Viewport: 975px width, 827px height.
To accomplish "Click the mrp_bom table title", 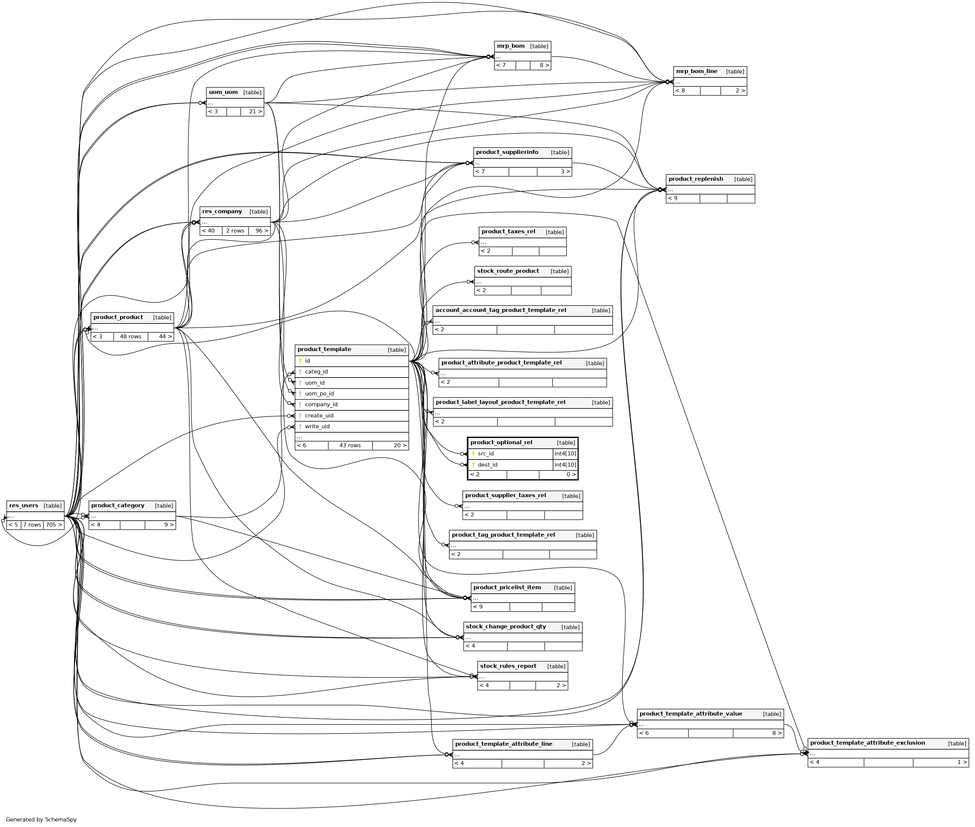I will (x=510, y=46).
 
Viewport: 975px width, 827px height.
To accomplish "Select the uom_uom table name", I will (x=223, y=92).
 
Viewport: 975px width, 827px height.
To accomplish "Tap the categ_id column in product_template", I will (x=316, y=372).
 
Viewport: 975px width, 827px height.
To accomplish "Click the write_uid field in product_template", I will (x=317, y=427).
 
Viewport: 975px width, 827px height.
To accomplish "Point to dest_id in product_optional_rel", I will (x=487, y=465).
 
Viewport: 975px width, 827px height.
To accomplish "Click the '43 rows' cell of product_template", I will (x=350, y=445).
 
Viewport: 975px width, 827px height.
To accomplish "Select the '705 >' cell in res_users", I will (x=53, y=525).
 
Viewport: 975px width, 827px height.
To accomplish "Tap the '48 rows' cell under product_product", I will (x=130, y=337).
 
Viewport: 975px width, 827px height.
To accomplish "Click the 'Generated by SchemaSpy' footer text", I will (x=41, y=820).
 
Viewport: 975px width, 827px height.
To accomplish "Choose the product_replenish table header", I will (x=696, y=179).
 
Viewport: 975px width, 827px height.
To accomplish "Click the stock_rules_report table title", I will (x=508, y=666).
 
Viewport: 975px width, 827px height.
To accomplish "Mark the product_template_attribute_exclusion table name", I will (x=867, y=743).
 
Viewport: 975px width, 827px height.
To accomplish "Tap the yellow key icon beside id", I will (x=300, y=361).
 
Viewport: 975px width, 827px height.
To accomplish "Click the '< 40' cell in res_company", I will (x=211, y=231).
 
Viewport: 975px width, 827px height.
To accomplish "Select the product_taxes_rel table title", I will (x=508, y=231).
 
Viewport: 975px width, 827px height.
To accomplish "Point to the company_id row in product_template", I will (x=321, y=405).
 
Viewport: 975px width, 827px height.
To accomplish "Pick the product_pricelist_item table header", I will (x=507, y=587).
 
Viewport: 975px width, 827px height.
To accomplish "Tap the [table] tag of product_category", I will (x=164, y=506).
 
